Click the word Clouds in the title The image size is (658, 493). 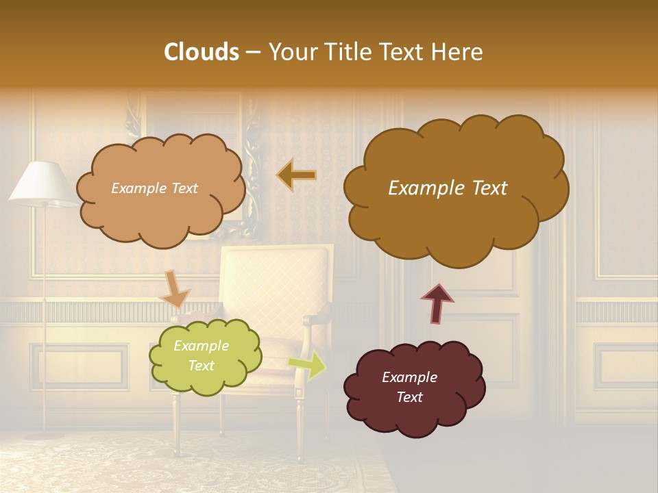click(x=202, y=52)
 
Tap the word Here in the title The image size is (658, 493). click(x=459, y=52)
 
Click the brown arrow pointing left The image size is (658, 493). click(x=296, y=175)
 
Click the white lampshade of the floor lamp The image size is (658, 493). click(x=42, y=184)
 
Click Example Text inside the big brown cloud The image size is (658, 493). click(x=448, y=188)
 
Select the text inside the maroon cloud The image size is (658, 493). click(x=409, y=387)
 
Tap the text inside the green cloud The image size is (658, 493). click(x=201, y=356)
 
